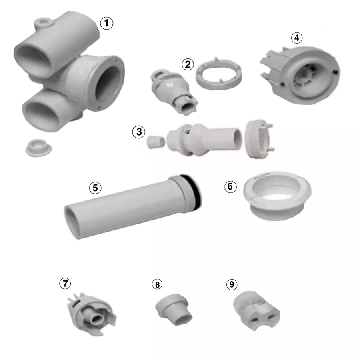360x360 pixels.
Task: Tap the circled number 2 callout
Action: click(188, 64)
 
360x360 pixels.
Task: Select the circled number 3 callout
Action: click(138, 132)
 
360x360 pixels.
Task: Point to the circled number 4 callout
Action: click(296, 38)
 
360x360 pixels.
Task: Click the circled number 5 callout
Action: click(95, 188)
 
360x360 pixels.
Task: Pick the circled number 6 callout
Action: click(229, 186)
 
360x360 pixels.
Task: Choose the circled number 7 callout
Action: click(65, 283)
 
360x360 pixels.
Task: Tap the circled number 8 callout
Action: click(158, 284)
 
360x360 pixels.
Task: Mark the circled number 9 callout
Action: click(231, 284)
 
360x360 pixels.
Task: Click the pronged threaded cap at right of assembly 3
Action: click(258, 140)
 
